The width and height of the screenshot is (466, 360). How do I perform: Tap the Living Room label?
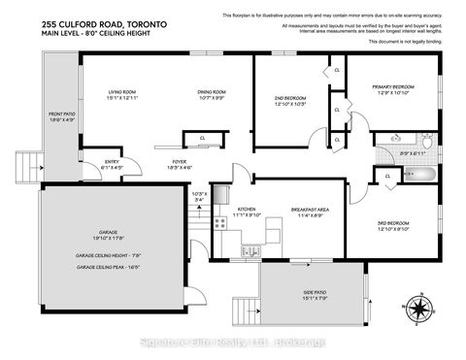coord(122,92)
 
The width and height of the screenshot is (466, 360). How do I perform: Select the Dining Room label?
coord(212,92)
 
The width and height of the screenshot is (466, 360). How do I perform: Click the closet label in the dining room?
coord(201,138)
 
